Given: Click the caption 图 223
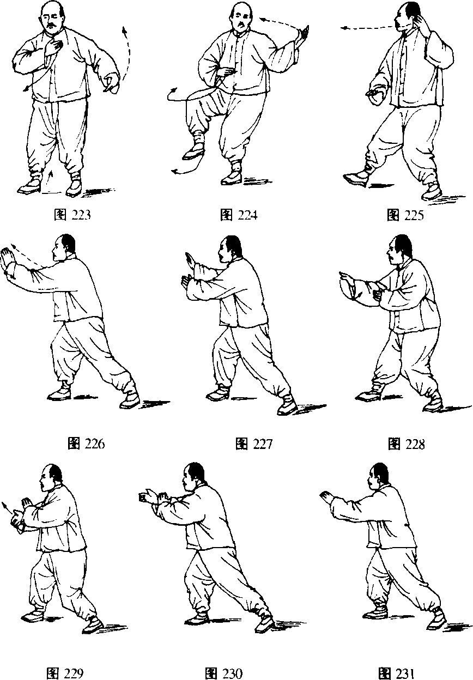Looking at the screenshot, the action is pos(72,215).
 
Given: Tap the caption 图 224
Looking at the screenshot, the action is pos(239,215).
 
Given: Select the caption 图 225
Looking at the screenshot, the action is pos(405,215).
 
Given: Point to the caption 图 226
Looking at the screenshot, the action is pos(86,444).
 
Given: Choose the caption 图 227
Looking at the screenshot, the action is pos(254,444).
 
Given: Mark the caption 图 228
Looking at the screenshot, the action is pos(406,444).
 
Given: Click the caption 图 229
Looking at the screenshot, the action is pos(65,673).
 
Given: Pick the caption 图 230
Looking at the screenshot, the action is pos(224,673).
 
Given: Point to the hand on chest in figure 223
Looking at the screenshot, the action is pos(54,47).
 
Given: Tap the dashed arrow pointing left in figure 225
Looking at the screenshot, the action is pos(367,28).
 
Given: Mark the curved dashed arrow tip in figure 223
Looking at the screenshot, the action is pos(124,28).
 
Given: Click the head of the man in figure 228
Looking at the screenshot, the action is pos(400,249).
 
